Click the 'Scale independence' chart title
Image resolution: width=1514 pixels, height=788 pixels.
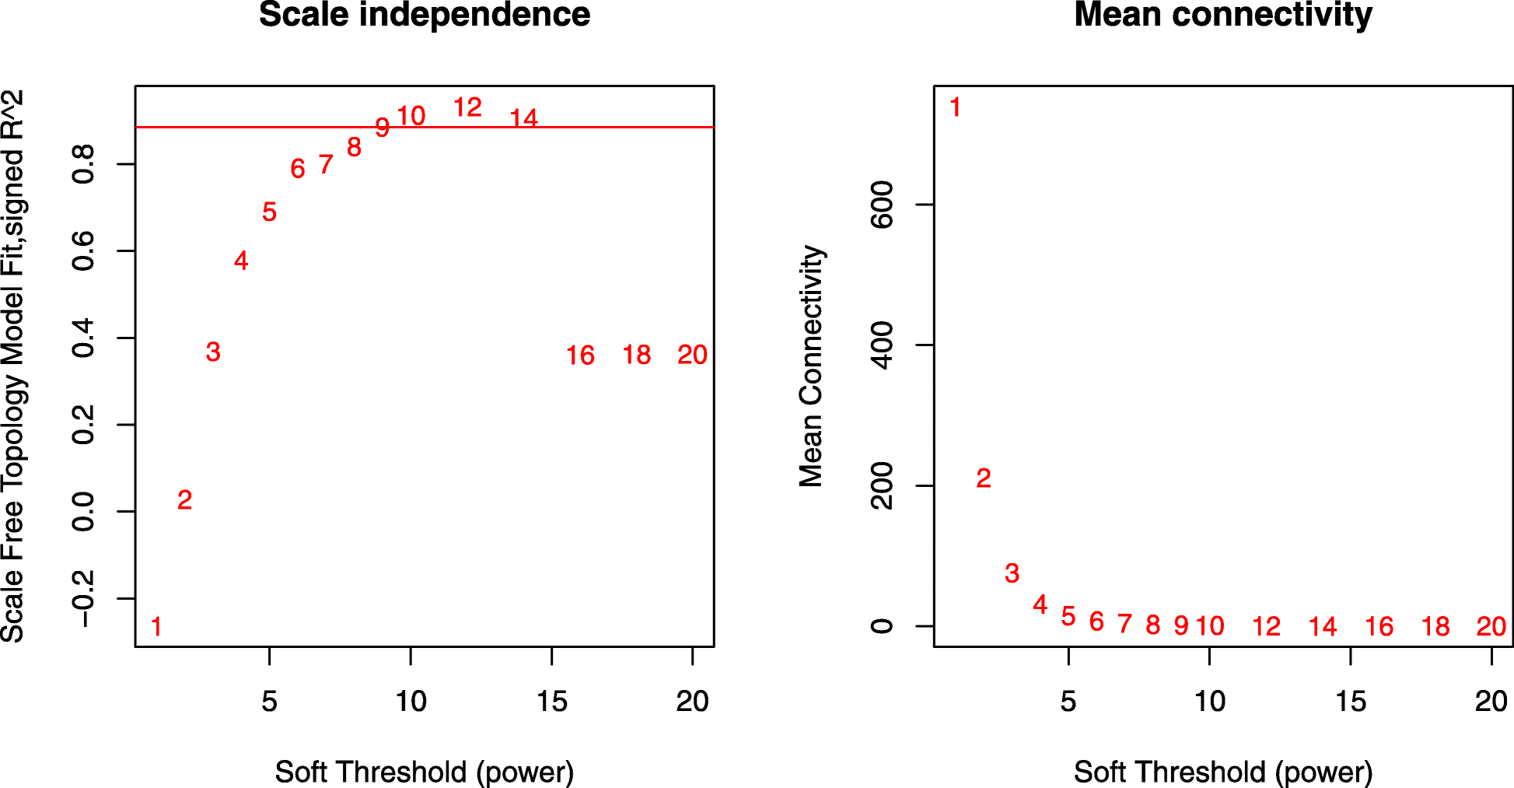425,16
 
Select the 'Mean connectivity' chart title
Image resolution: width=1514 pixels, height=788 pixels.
1223,16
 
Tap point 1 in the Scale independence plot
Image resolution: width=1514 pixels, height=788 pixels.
156,626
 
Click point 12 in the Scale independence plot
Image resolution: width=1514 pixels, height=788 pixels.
467,107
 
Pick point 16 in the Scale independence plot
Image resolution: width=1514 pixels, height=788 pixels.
580,355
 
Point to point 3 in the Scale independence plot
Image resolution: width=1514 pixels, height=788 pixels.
213,352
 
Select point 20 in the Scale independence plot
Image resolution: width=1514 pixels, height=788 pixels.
692,355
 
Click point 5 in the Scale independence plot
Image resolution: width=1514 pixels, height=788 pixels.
269,212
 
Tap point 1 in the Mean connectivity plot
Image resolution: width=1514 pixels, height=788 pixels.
956,107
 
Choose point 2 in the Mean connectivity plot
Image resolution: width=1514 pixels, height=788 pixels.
984,478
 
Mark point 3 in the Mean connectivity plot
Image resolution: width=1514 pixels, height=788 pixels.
1012,573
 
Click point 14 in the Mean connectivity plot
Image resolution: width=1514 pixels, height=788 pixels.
1323,626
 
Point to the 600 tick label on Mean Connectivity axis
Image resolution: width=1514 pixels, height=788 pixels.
883,205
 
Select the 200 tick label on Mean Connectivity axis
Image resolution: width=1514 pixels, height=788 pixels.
883,485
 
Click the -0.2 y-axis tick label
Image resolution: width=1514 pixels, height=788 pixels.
82,598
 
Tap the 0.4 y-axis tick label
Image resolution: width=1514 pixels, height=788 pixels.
82,338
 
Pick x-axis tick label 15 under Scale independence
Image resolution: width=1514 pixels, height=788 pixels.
551,702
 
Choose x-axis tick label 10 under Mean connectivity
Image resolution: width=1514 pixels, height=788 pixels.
1210,702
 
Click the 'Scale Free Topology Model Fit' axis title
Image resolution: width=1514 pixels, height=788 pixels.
14,366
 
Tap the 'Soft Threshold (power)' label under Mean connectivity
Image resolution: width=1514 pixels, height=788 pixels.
1223,772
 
